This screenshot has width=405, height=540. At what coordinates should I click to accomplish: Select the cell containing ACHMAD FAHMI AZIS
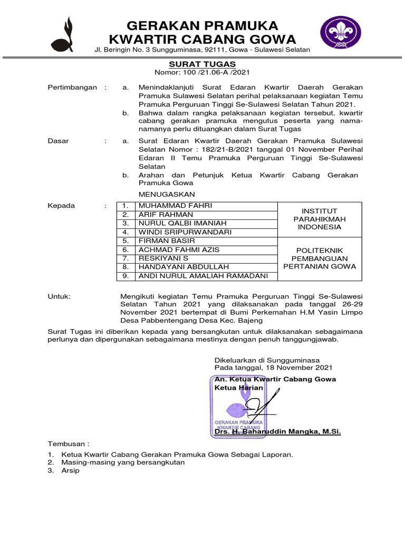[179, 249]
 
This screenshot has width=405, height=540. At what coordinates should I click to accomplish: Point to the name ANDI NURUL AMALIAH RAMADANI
[202, 276]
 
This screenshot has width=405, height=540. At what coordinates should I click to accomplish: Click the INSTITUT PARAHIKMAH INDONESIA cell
[319, 219]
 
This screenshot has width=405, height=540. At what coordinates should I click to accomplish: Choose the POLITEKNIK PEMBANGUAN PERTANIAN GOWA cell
[319, 258]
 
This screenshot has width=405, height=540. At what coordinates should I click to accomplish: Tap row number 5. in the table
[126, 240]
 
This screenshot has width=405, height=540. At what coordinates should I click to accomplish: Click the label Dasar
[59, 141]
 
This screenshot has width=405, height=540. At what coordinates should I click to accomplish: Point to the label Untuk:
[59, 297]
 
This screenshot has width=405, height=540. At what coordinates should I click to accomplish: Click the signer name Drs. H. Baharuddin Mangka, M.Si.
[277, 432]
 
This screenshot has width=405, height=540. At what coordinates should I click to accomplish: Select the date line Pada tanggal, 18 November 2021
[273, 367]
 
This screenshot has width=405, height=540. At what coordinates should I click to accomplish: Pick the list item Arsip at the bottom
[70, 470]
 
